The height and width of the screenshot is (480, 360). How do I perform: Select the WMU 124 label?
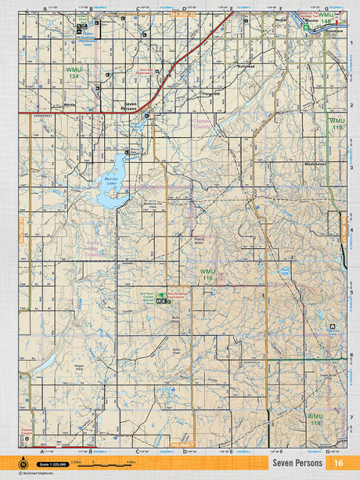[73, 73]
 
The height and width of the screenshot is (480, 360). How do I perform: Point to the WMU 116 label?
[207, 275]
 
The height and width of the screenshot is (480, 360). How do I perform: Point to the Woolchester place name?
[315, 164]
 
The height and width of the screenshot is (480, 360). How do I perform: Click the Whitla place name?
[70, 103]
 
